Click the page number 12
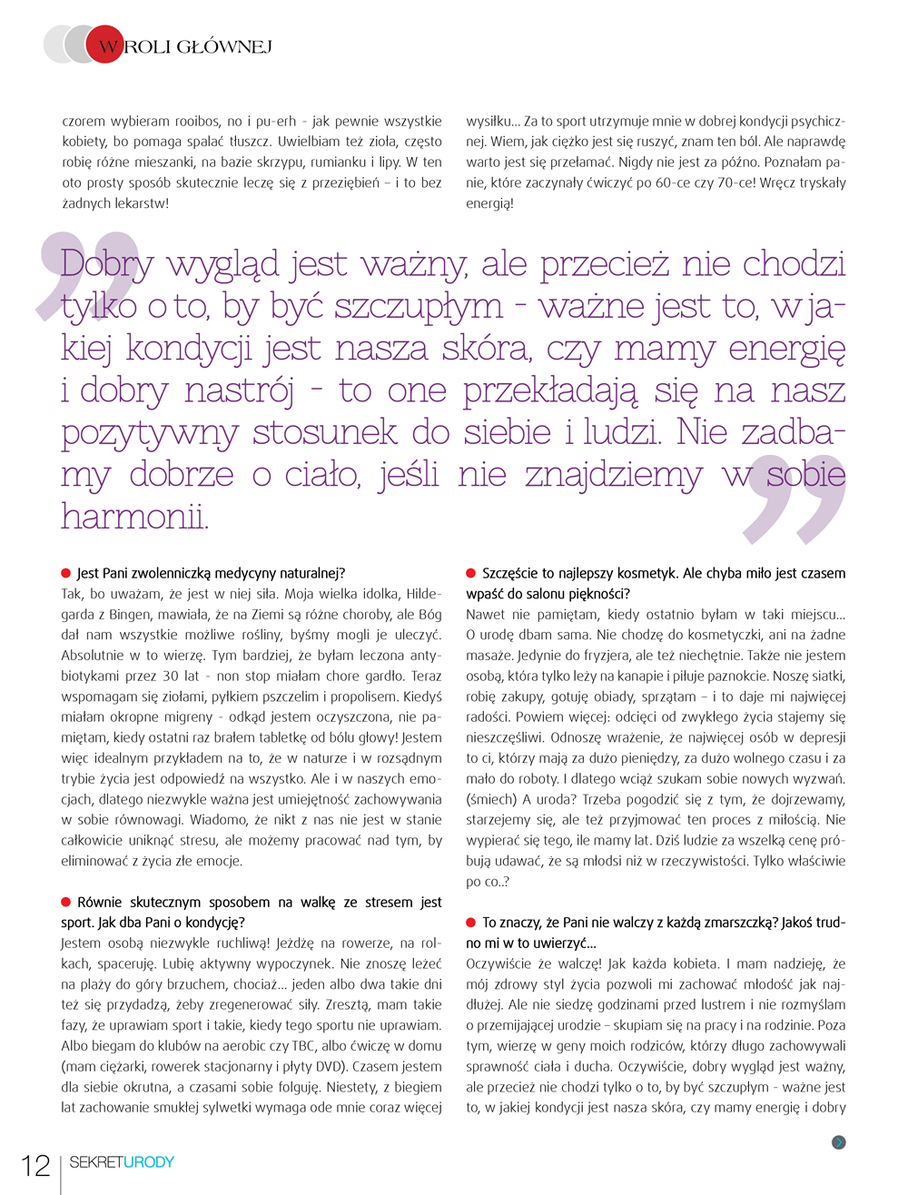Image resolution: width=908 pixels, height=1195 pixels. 35,1165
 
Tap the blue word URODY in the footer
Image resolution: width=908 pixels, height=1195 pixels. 148,1162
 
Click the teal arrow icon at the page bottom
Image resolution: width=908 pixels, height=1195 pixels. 838,1142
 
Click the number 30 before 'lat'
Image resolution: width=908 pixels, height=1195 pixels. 171,677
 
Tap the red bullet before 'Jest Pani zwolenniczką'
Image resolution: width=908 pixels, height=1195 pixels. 66,573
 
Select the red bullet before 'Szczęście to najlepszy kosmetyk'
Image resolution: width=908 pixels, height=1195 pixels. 471,573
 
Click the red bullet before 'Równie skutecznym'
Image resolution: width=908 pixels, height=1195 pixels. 66,902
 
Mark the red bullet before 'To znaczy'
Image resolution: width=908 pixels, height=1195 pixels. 471,922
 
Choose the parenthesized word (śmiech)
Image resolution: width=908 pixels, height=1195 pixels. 491,800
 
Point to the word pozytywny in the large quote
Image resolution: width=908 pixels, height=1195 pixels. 149,432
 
